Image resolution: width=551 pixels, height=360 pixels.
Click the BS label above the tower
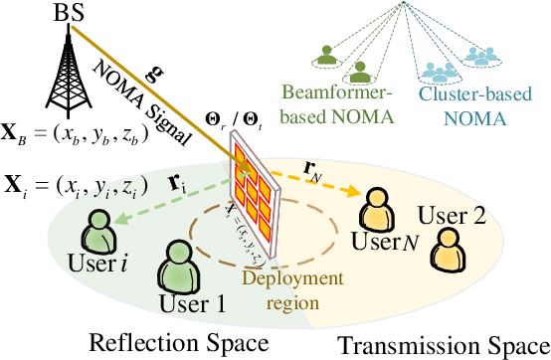[x=70, y=13]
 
